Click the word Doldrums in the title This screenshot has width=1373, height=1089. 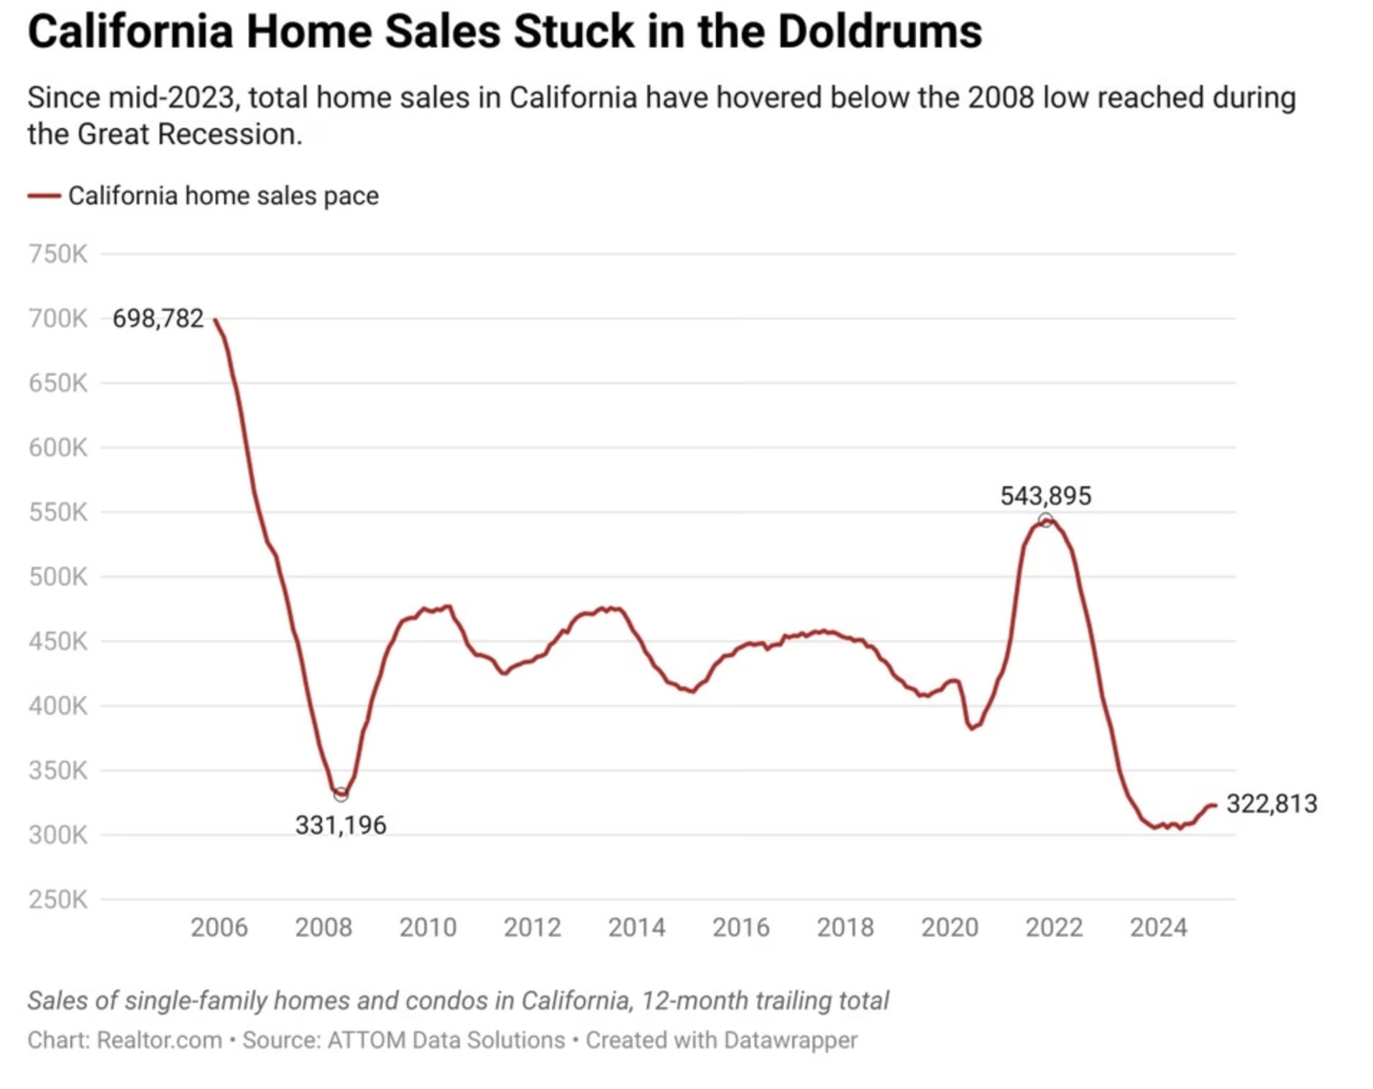(x=879, y=32)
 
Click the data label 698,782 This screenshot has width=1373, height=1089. (x=158, y=318)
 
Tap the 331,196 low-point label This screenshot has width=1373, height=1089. (x=341, y=825)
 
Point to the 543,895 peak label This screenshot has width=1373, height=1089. (x=1045, y=496)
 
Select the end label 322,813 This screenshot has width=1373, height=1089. (x=1271, y=803)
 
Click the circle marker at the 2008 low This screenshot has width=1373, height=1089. (x=341, y=794)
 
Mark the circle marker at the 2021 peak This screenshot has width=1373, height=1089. (x=1045, y=520)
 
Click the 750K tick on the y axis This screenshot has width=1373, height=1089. (x=58, y=254)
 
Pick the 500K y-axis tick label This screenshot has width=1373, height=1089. (x=58, y=577)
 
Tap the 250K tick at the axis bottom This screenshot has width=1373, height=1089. (x=58, y=899)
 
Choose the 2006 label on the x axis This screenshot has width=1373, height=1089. (x=219, y=927)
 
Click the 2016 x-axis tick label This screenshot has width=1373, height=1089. (x=740, y=927)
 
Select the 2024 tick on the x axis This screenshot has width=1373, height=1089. (x=1158, y=927)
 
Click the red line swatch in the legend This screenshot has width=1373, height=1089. (x=44, y=196)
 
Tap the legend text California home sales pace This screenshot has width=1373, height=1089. (x=223, y=196)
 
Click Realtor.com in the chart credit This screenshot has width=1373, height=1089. (x=159, y=1040)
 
